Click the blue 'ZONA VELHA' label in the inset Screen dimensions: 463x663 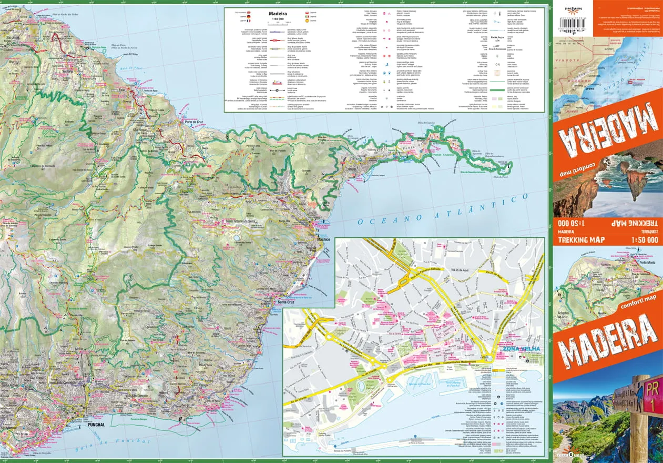[x=518, y=348]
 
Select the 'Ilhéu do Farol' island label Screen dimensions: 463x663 [x=501, y=178]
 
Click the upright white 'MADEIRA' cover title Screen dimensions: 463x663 [x=607, y=339]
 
